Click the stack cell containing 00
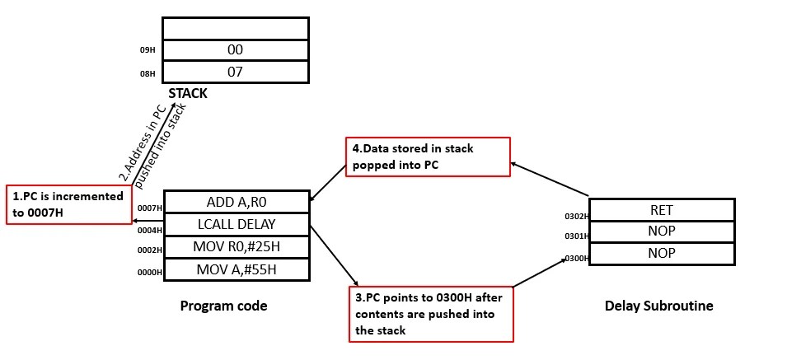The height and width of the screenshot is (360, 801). [235, 50]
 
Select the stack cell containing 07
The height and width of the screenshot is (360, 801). [235, 72]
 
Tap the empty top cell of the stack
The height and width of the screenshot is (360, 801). [235, 29]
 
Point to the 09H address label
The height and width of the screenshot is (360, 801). [148, 51]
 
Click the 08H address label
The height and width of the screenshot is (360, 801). [148, 73]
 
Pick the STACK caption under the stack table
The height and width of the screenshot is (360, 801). [187, 93]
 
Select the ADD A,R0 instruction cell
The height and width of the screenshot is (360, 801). [237, 202]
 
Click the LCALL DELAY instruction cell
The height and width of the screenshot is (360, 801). [237, 224]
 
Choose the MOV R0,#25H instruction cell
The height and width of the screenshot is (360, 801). [237, 246]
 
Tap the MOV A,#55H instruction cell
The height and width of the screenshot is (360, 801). [237, 269]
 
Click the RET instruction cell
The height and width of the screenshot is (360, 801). [662, 210]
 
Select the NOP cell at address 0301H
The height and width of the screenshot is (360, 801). [662, 231]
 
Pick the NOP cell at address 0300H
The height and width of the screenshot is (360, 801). [662, 254]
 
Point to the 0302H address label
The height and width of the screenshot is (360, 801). [575, 217]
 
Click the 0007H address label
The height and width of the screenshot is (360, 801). [150, 208]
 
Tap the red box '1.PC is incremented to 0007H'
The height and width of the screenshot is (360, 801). [68, 203]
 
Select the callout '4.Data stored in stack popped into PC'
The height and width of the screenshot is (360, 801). [427, 157]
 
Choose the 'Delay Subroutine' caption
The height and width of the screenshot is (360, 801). [658, 306]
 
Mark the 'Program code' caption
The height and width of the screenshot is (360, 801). [223, 306]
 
